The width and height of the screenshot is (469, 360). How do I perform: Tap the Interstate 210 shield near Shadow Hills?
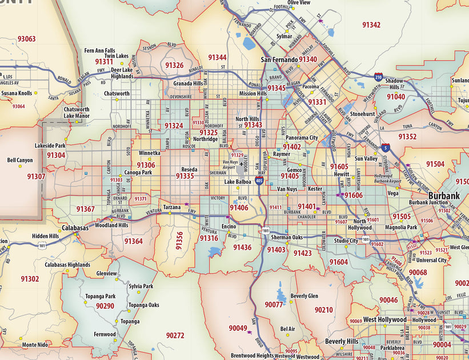point(379,76)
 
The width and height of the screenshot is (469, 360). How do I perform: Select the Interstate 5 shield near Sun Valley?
point(387,147)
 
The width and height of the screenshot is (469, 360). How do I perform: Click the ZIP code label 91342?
point(371,25)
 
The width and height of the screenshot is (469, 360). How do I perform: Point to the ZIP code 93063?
point(26,39)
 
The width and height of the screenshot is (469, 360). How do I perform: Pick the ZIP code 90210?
point(323,310)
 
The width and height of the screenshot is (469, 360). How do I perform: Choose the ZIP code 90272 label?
point(175,335)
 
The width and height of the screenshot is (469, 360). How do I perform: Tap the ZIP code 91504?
point(435,164)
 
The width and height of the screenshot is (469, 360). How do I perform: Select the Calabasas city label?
point(75,227)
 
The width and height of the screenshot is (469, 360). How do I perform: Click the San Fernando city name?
point(279,59)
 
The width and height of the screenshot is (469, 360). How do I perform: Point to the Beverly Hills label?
point(342,341)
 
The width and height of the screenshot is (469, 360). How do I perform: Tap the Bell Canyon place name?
point(20,160)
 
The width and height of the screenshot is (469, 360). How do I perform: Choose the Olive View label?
point(299,3)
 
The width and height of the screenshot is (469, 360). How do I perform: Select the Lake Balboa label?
point(238,182)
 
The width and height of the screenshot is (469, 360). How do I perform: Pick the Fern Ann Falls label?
point(99,50)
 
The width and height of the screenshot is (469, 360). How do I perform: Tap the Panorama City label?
point(302,138)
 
